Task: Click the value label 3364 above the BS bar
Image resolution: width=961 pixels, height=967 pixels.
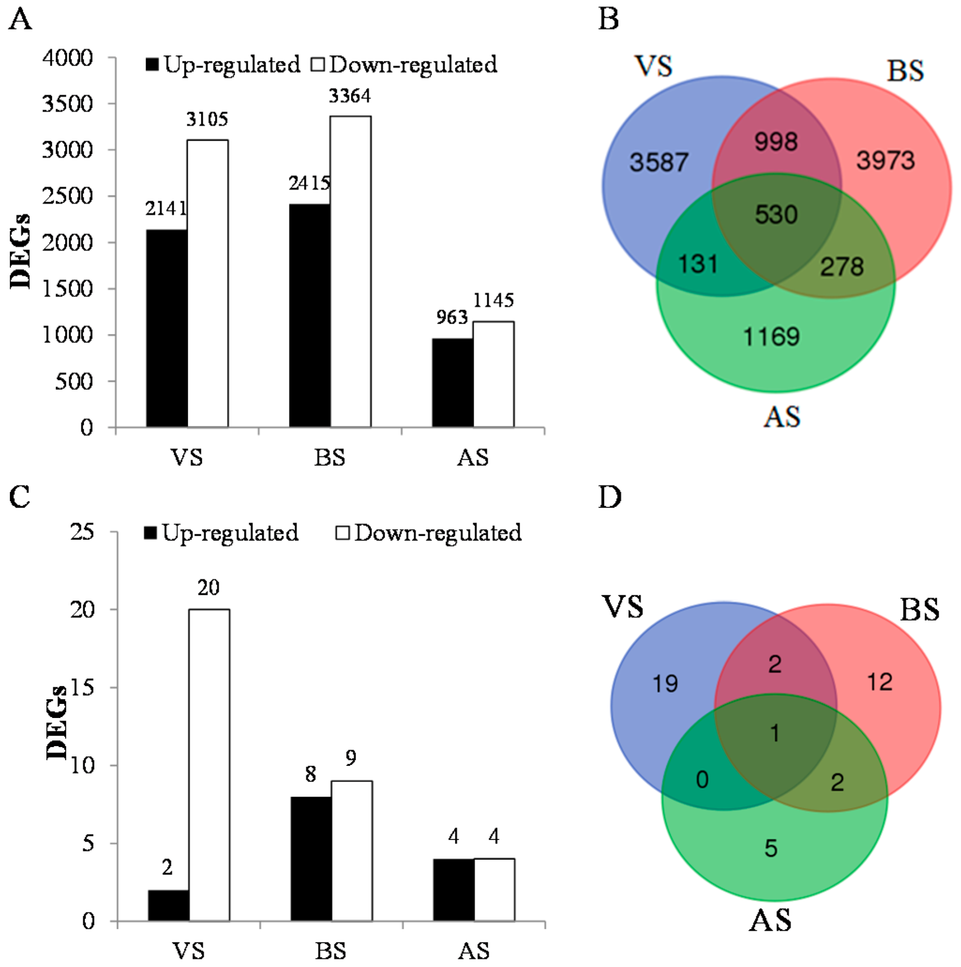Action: point(349,96)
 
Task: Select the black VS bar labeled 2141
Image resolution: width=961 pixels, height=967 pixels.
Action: point(167,328)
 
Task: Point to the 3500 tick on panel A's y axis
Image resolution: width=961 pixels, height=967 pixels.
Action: point(68,104)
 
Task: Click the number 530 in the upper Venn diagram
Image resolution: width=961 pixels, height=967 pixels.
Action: point(776,215)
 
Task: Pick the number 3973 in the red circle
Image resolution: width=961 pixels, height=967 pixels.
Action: point(886,160)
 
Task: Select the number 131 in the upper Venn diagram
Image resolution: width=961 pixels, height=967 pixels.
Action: point(698,264)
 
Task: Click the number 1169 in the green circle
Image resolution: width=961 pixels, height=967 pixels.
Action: point(771,337)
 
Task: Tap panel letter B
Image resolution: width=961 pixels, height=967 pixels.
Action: point(609,20)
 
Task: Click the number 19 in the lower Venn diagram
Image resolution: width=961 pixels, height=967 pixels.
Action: point(665,684)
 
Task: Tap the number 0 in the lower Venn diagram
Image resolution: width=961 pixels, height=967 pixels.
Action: point(702,780)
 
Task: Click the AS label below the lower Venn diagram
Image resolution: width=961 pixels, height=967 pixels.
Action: point(770,921)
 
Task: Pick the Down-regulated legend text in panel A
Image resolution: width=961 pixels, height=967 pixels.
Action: point(414,65)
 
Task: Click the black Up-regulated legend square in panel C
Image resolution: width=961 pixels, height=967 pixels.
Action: point(150,533)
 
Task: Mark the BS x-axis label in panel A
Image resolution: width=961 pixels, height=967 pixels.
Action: point(330,457)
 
